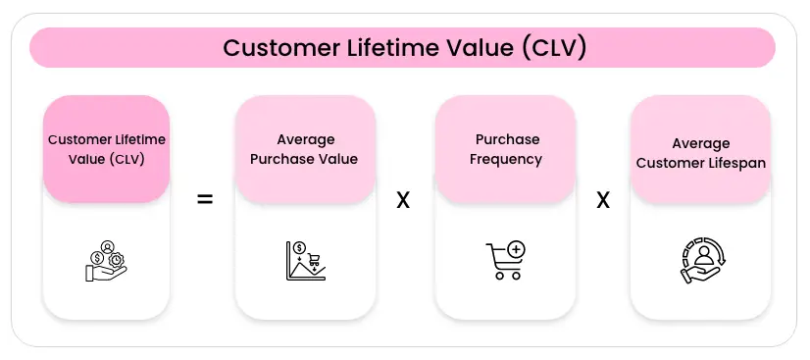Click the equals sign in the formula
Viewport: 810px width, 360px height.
205,199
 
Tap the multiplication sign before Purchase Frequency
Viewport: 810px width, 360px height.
403,200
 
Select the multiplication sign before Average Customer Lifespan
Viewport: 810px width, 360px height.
603,200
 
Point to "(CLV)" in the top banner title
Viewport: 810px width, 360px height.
554,48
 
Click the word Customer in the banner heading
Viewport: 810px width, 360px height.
278,48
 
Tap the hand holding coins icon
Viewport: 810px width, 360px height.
106,261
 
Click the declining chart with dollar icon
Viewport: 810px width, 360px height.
306,261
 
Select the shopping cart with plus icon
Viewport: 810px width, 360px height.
506,261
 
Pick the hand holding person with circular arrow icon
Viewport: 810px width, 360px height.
702,261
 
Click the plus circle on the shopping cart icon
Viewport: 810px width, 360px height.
516,250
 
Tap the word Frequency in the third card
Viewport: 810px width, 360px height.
506,160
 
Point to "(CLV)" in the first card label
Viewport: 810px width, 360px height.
127,159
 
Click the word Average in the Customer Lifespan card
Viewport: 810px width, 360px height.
701,143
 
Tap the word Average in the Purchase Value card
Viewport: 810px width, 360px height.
306,139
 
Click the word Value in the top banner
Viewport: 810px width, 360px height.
485,48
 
